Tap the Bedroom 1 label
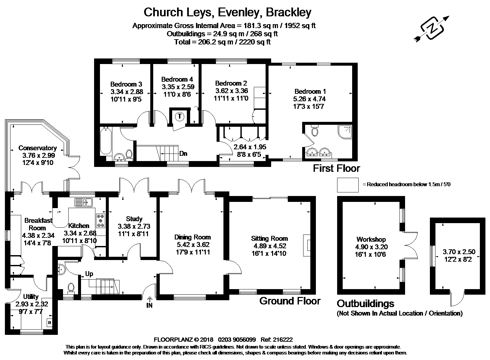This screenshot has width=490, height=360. pos(310,91)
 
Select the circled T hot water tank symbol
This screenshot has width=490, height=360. pos(179,116)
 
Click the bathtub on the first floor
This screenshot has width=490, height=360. pos(106,140)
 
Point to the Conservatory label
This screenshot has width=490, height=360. pos(38,148)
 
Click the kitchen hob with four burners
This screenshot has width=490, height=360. pos(101,221)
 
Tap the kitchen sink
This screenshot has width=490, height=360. pos(84,202)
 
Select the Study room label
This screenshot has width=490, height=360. pos(134,219)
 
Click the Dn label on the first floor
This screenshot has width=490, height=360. pos(183,154)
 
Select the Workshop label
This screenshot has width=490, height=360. pos(371,239)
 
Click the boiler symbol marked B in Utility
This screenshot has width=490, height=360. pos(50,323)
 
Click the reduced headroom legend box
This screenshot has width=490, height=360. pos(348,185)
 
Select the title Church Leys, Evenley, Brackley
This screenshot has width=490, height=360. pos(227,12)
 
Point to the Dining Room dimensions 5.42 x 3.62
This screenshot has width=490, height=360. pos(192,245)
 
